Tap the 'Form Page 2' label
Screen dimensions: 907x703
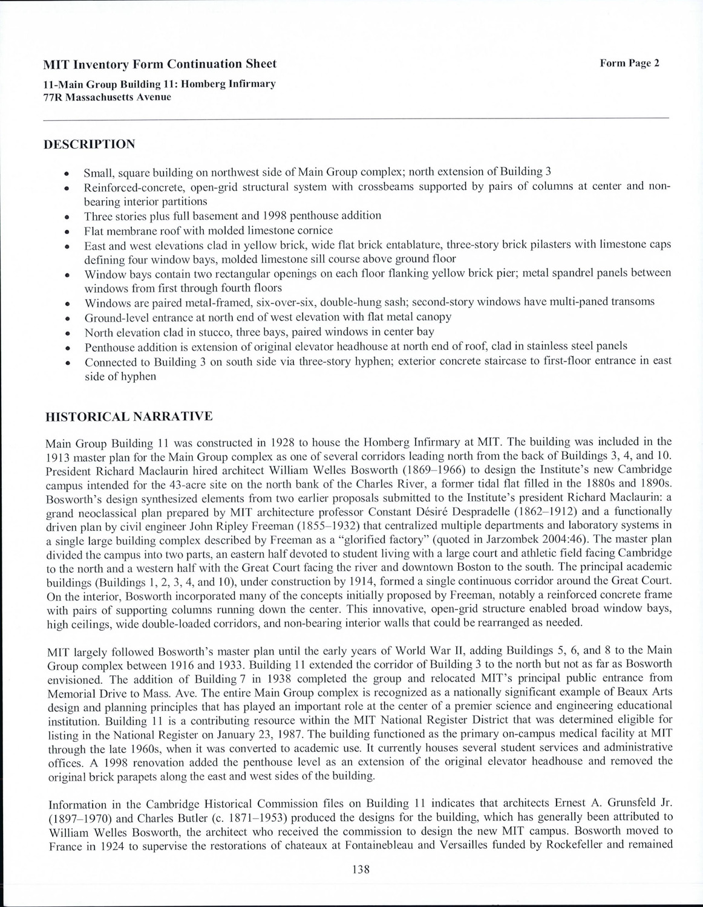click(629, 63)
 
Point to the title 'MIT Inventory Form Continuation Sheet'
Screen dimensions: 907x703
click(160, 64)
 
